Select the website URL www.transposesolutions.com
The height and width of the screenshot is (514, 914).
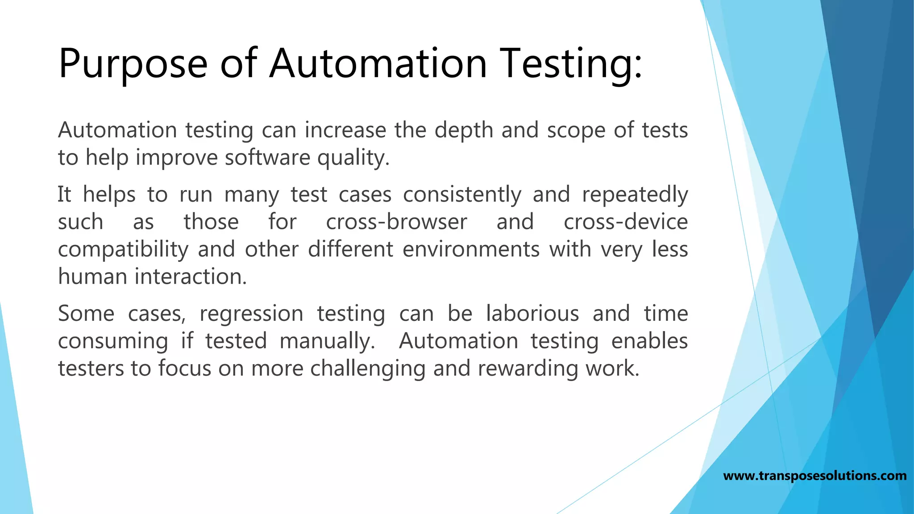tap(814, 476)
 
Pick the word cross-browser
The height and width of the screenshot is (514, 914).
tap(396, 222)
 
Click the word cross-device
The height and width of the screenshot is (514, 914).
tap(625, 222)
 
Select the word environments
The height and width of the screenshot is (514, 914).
tap(471, 249)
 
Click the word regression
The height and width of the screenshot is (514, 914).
tap(251, 314)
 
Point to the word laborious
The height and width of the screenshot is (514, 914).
tap(532, 314)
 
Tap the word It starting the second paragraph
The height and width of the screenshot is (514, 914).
tap(64, 195)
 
